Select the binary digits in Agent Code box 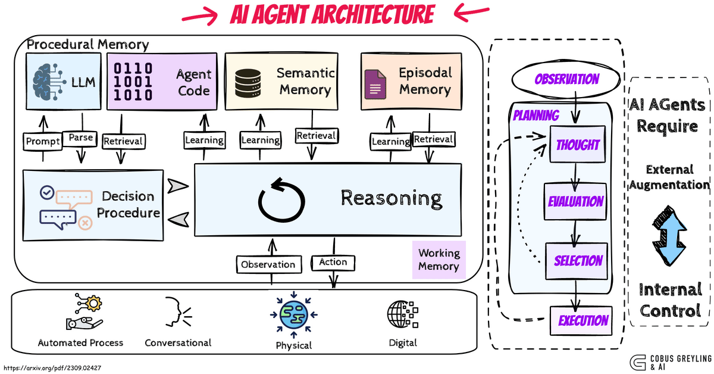(133, 81)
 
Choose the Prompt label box (43, 141)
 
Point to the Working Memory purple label (439, 259)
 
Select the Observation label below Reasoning (268, 264)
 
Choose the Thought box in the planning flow (577, 145)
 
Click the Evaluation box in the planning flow (575, 201)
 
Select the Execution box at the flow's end (583, 320)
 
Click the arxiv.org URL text (52, 368)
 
